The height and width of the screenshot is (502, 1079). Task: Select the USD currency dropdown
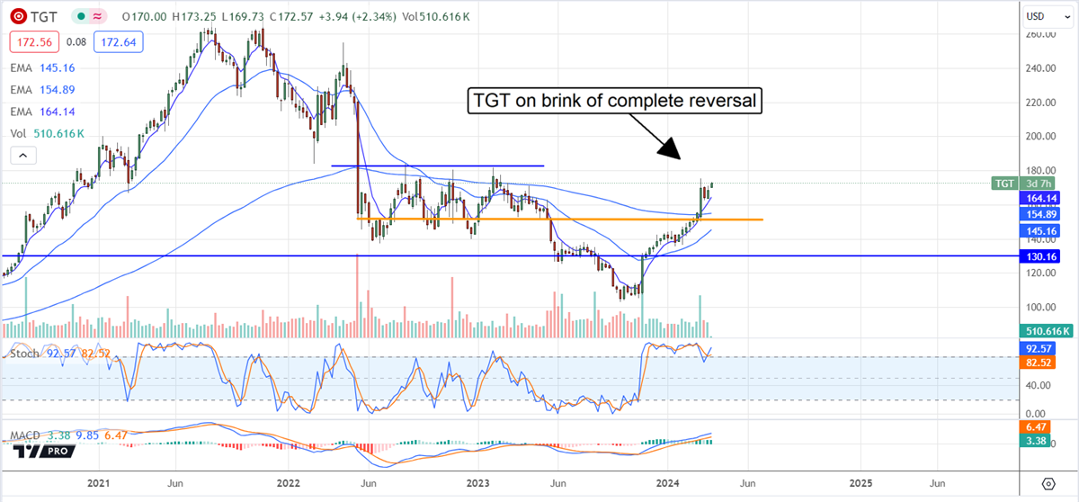[1048, 17]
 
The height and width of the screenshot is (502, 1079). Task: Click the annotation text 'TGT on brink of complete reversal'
[614, 102]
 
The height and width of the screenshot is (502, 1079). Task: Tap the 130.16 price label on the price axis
[1046, 256]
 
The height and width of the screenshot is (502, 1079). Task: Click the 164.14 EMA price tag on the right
[1046, 199]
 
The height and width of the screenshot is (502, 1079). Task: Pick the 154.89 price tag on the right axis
[1046, 214]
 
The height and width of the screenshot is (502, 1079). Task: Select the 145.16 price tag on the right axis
[1046, 230]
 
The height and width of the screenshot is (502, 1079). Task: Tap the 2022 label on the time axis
[290, 483]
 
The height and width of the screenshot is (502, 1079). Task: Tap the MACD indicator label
[25, 436]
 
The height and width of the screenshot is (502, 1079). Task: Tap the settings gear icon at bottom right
[1048, 483]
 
